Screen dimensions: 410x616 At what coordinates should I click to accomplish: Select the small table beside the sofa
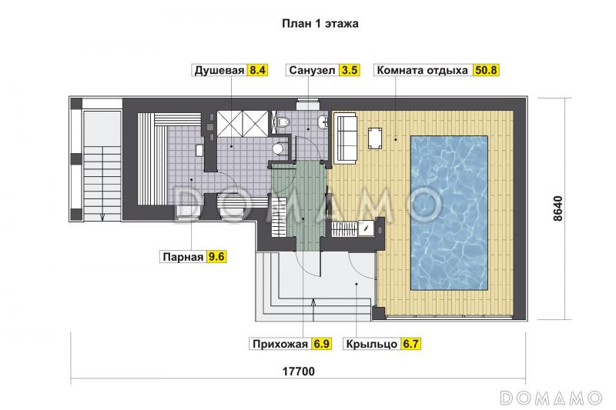tap(376, 138)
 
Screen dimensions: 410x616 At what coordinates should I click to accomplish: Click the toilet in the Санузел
tap(284, 122)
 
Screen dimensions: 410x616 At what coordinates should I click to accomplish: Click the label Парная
tap(182, 258)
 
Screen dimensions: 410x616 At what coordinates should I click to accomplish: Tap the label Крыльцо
tap(371, 345)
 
